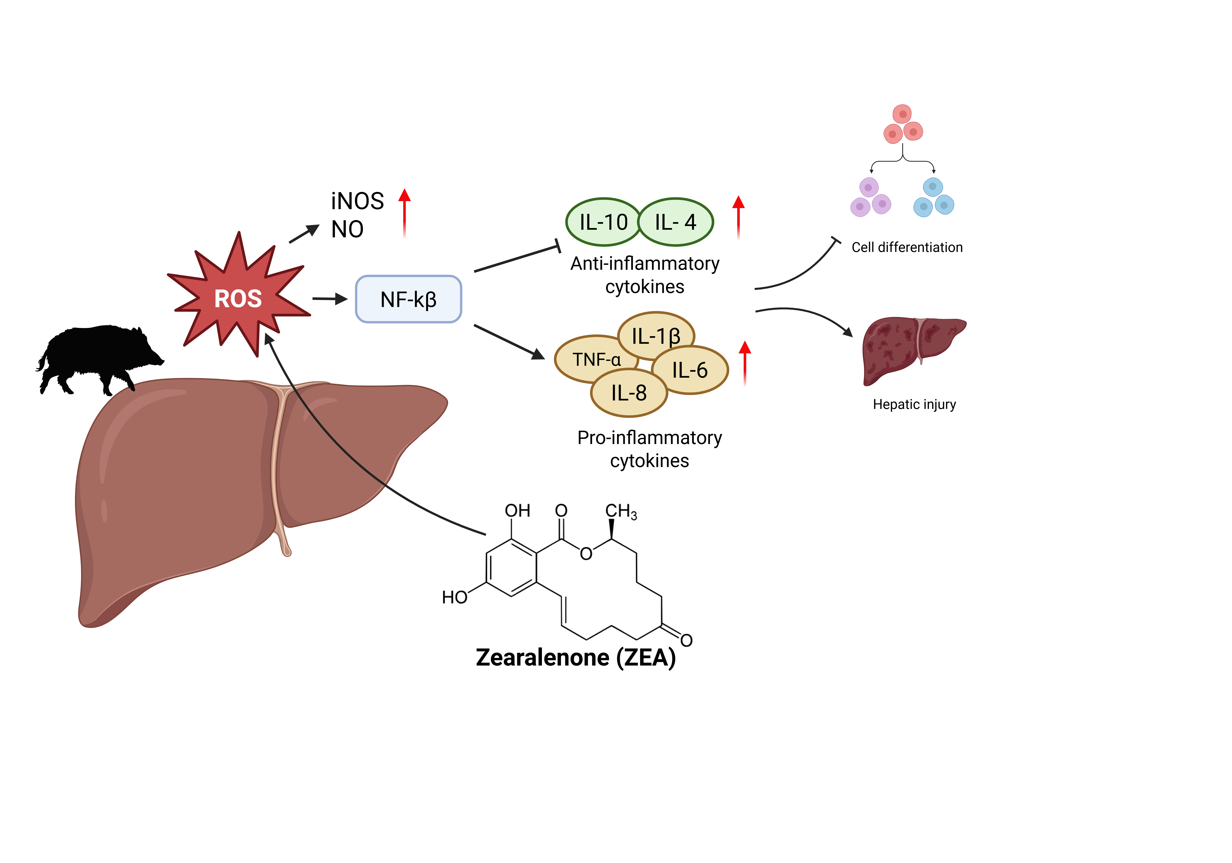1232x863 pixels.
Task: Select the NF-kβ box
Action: click(x=408, y=299)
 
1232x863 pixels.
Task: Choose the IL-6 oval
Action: click(x=690, y=370)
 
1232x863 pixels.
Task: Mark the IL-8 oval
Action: click(x=629, y=393)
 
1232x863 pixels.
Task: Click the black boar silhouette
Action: click(x=99, y=359)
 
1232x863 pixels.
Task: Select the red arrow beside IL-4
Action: click(x=738, y=217)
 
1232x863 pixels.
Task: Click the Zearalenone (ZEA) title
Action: click(x=576, y=657)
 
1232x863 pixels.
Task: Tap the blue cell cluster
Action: click(x=934, y=198)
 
